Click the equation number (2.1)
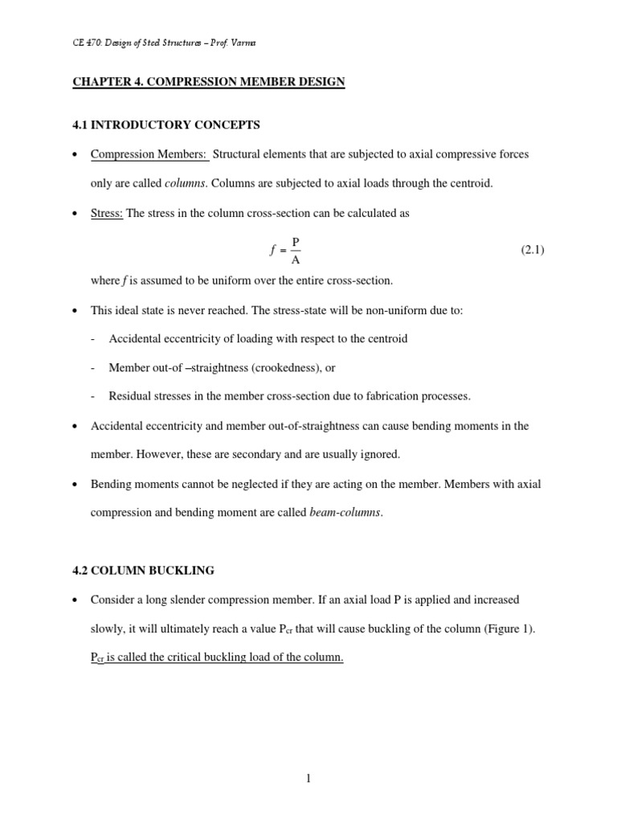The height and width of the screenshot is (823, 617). tap(533, 250)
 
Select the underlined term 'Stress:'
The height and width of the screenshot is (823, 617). tap(107, 213)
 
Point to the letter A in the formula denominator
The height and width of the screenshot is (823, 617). tap(295, 260)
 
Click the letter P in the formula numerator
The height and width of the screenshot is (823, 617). tap(295, 241)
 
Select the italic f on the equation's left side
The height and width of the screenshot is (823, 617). tap(272, 251)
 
